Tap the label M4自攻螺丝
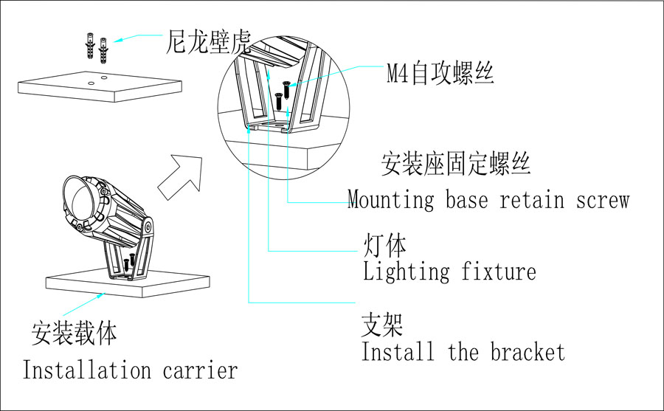point(440,75)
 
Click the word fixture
point(499,272)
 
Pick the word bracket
point(528,352)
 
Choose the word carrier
point(201,370)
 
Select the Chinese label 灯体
point(384,245)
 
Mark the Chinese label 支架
point(381,325)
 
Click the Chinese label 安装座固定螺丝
point(455,164)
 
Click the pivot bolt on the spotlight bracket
point(150,224)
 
